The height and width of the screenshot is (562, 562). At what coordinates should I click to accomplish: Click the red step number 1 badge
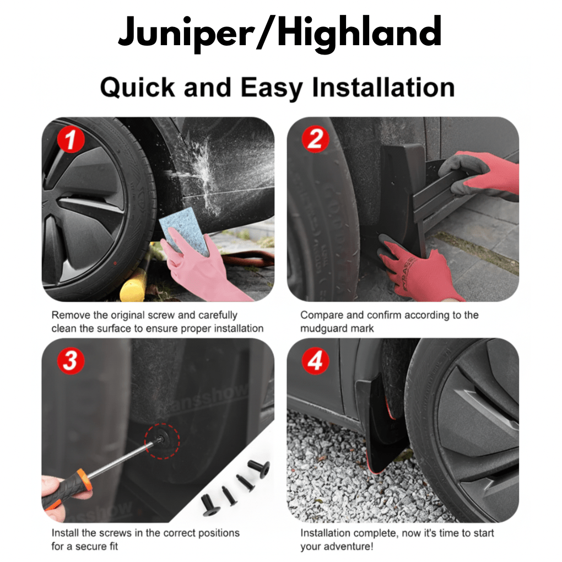tap(71, 140)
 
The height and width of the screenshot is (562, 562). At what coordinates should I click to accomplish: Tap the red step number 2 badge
tap(315, 140)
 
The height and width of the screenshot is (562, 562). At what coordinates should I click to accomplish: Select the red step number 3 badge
tap(71, 361)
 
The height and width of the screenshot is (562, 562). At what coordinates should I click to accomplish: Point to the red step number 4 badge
tap(315, 361)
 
